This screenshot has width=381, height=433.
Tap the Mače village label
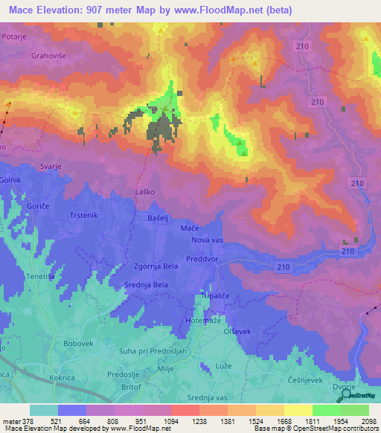pos(189,229)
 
